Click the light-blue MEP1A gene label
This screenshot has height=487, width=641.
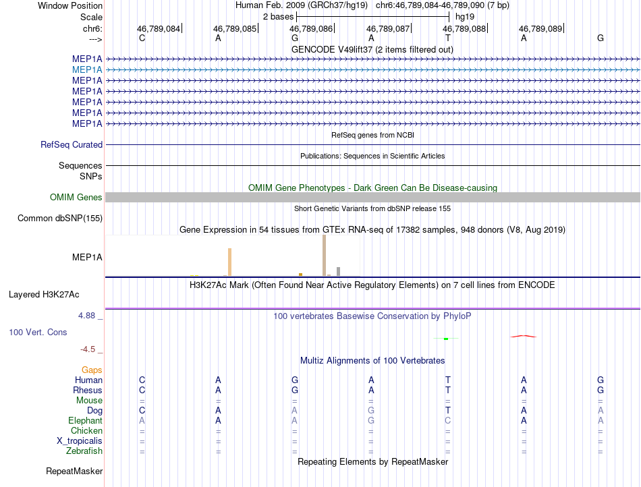[88, 69]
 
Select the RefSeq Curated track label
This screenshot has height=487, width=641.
[72, 144]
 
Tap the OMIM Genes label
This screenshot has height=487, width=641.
[76, 197]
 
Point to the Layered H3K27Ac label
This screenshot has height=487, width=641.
[44, 294]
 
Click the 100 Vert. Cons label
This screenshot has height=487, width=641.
[38, 332]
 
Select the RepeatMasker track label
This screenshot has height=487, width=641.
[74, 471]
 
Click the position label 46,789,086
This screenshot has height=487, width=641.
[311, 29]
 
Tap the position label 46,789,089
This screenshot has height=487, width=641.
[540, 29]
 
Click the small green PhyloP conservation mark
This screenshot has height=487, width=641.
[446, 339]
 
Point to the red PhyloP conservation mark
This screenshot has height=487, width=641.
[524, 335]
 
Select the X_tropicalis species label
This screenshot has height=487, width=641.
[80, 440]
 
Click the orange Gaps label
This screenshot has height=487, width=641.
[92, 370]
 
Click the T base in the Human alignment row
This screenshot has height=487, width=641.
[447, 380]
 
